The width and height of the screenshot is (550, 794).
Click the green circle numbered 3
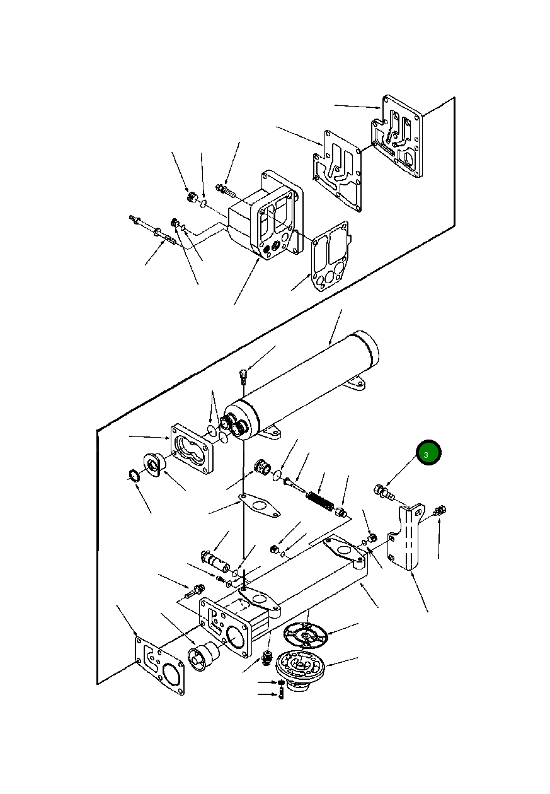(x=428, y=452)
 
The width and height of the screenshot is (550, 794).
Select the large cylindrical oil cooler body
(x=301, y=386)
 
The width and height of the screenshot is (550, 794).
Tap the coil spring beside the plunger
(x=319, y=501)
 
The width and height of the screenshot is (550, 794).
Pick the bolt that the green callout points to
(x=384, y=493)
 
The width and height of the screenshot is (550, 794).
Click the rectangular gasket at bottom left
(x=160, y=665)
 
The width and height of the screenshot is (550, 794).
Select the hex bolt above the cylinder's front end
(x=244, y=376)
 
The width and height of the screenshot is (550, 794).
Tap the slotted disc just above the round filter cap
(x=306, y=636)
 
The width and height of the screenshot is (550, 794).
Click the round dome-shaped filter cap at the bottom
(x=301, y=670)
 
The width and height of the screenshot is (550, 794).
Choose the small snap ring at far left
(x=134, y=476)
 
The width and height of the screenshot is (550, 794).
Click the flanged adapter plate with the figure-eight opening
(x=192, y=450)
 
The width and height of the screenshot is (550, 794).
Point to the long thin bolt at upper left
(x=152, y=230)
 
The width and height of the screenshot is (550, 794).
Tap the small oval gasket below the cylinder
(x=260, y=505)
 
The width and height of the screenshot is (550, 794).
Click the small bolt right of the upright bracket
(x=440, y=511)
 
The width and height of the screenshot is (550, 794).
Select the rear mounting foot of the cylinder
(x=355, y=384)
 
